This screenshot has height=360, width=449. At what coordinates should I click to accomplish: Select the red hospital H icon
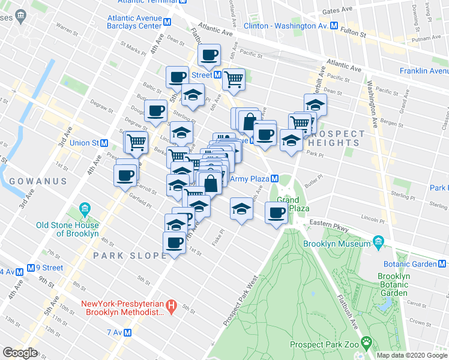[171, 306]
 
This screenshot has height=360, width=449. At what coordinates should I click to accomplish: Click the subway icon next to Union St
[104, 143]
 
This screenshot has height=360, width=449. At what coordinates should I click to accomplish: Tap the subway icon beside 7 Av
[127, 332]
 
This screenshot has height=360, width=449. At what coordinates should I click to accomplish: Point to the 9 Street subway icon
[30, 268]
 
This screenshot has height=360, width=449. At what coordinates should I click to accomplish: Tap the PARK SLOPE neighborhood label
[129, 256]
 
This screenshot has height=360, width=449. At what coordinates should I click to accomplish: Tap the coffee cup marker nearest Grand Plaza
[277, 212]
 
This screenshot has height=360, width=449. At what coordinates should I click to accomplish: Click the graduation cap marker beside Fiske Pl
[241, 210]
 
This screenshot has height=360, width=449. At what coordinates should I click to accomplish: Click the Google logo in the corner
[20, 353]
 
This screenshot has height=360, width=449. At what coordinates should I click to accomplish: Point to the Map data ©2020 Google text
[411, 355]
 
